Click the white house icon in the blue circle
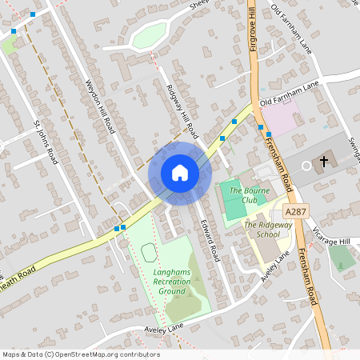(x=180, y=173)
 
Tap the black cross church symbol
(x=324, y=161)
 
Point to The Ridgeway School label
(x=262, y=230)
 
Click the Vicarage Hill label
(x=334, y=241)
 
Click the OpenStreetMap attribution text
(x=80, y=354)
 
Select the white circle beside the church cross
(x=306, y=166)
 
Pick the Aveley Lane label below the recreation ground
(x=164, y=329)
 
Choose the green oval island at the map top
(x=150, y=34)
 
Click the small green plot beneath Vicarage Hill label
(x=342, y=257)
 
